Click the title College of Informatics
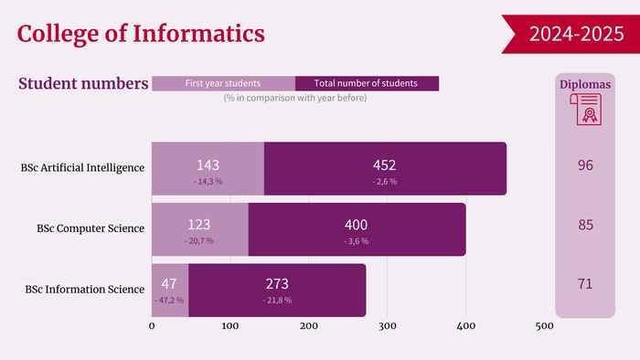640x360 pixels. pos(141,34)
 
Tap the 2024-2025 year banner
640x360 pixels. pos(571,34)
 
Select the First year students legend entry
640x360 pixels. pos(224,83)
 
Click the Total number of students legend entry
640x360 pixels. pos(367,83)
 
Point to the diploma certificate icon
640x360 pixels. pos(586,109)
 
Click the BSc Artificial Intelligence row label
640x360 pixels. pos(82,167)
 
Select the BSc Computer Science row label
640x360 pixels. pos(91,228)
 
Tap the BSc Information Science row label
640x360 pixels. pos(85,289)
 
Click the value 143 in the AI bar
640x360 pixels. pos(208,165)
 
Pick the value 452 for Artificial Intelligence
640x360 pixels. pos(384,165)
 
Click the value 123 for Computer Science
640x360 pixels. pos(198,225)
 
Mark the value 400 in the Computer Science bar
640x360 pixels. pos(356,225)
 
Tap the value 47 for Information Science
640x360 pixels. pos(168,283)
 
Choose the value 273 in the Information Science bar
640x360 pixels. pos(277,284)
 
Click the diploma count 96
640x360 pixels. pos(585,165)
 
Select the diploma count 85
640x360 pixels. pos(585,225)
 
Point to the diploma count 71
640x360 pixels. pos(585,284)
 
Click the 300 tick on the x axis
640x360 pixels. pos(388,326)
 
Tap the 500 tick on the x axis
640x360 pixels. pos(545,326)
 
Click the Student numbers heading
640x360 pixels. pos(83,83)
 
